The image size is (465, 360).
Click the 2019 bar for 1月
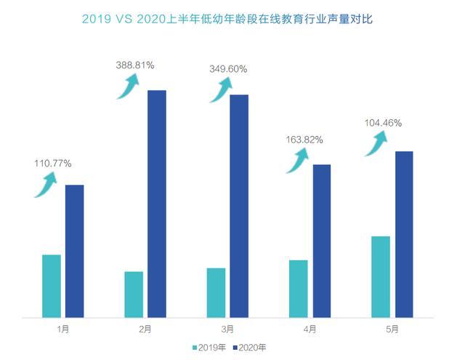(52, 286)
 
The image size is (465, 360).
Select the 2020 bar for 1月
(74, 251)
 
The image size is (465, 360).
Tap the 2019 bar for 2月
(134, 295)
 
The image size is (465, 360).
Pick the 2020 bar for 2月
(157, 204)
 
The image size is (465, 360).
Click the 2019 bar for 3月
(216, 292)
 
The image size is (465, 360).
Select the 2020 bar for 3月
(239, 206)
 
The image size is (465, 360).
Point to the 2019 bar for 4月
(299, 289)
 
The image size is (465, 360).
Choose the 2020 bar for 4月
(321, 241)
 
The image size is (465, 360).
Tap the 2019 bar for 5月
(381, 276)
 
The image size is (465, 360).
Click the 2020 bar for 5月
(404, 234)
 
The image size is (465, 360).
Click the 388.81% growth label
(134, 65)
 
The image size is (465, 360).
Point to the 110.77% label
(52, 164)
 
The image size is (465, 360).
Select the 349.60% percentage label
(227, 69)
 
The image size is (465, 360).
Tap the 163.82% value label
(304, 140)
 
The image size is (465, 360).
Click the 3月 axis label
(227, 329)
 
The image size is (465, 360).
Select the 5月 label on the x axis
(392, 329)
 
